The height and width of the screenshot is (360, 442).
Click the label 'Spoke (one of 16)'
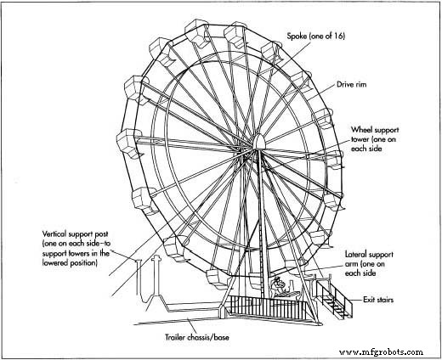(316, 37)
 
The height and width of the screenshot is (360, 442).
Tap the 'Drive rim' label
(351, 84)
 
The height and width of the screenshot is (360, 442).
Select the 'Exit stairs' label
(378, 300)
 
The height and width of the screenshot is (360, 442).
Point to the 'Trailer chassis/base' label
(197, 337)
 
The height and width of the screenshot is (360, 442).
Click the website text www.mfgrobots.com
(381, 352)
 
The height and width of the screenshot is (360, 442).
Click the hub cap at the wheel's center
(259, 142)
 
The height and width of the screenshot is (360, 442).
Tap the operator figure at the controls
(278, 286)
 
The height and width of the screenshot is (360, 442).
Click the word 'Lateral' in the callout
(356, 254)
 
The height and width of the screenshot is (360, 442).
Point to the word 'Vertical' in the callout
(54, 234)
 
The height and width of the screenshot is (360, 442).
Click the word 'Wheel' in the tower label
(361, 130)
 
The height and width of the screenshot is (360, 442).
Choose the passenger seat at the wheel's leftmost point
(129, 143)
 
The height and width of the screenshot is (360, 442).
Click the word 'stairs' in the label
(385, 300)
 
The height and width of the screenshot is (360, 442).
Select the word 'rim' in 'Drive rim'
(360, 84)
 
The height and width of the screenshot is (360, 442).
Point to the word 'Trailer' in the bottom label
(175, 337)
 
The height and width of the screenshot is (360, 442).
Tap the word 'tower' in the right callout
(360, 139)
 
